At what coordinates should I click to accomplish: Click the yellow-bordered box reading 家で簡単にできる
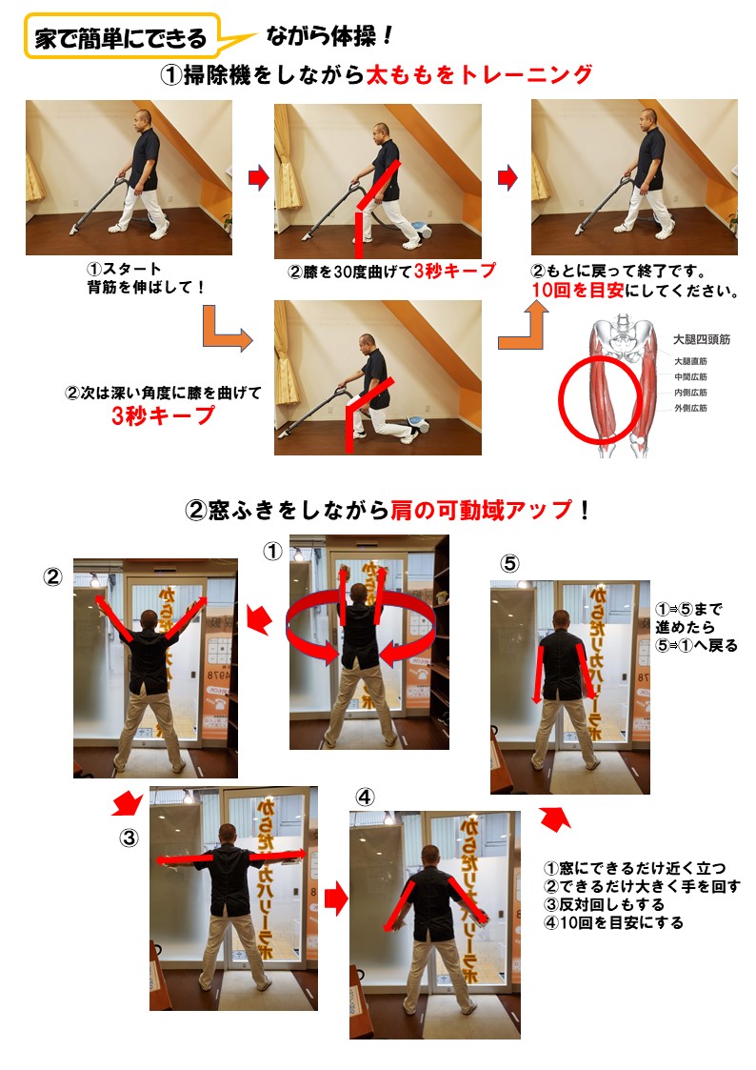[x=122, y=36]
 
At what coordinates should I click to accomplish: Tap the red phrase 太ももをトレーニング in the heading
[x=479, y=74]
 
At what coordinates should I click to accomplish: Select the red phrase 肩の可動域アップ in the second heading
[x=482, y=510]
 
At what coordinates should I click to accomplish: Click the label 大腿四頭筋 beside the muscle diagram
[x=702, y=339]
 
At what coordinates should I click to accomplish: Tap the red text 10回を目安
[x=577, y=291]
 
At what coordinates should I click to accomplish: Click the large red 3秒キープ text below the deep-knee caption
[x=164, y=415]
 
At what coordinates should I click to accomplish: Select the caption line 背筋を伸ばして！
[x=146, y=288]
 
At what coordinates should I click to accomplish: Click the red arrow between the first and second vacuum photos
[x=258, y=177]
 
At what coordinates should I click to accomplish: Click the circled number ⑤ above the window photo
[x=510, y=564]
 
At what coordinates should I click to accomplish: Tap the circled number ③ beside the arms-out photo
[x=129, y=838]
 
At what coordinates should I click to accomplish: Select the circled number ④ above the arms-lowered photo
[x=366, y=797]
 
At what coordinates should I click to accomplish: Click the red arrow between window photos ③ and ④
[x=336, y=898]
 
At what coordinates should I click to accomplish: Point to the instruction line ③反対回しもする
[x=604, y=905]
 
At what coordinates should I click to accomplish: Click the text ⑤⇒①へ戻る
[x=696, y=646]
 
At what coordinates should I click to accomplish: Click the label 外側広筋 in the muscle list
[x=690, y=408]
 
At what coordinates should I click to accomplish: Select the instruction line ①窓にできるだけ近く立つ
[x=635, y=868]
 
